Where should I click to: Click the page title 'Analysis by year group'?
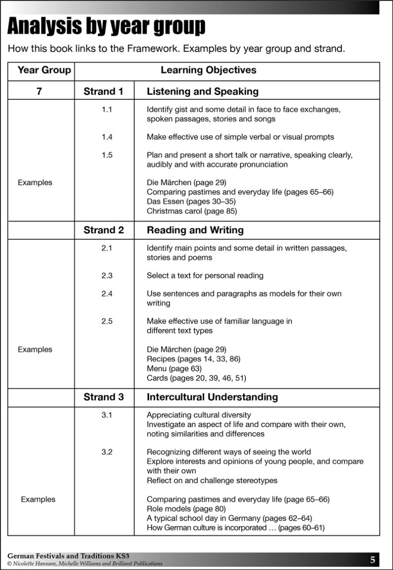[x=106, y=27]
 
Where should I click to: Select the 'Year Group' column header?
[x=44, y=71]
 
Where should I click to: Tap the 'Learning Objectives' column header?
[x=208, y=71]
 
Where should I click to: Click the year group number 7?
[x=39, y=91]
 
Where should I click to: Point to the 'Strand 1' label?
[x=104, y=91]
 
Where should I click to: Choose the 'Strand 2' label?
[x=104, y=230]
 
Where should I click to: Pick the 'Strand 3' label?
[x=104, y=397]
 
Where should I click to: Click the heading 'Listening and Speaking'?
[x=202, y=91]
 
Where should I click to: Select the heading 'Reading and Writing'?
[x=195, y=230]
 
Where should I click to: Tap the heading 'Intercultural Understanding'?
[x=212, y=397]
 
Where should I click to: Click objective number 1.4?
[x=107, y=137]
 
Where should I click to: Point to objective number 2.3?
[x=107, y=276]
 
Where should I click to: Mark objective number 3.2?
[x=107, y=452]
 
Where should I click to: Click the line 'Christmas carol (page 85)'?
[x=192, y=211]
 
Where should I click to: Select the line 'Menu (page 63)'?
[x=174, y=368]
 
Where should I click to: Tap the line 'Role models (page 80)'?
[x=186, y=509]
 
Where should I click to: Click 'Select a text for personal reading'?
[x=205, y=276]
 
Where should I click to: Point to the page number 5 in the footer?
[x=372, y=559]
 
